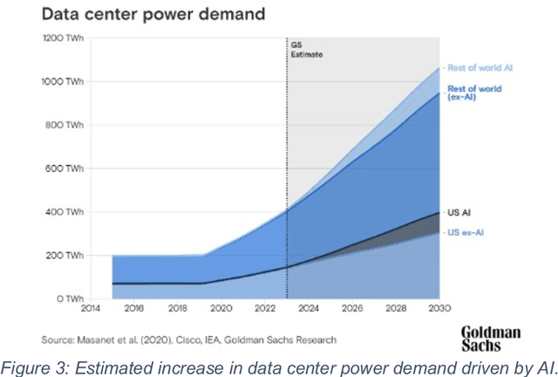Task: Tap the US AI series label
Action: (459, 212)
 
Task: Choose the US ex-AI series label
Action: (466, 232)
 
